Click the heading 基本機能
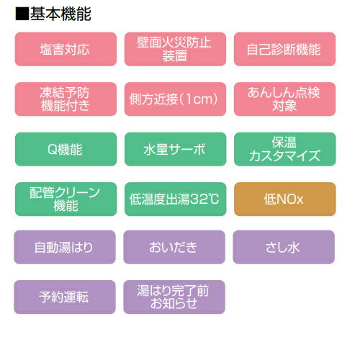click(60, 14)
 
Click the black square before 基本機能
click(22, 14)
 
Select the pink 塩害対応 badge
click(66, 49)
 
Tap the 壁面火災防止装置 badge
click(175, 49)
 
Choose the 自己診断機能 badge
click(284, 49)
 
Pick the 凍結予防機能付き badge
click(66, 99)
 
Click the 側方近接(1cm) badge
click(175, 99)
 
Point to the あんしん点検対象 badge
click(284, 99)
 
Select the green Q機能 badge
click(66, 149)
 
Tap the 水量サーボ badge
click(175, 149)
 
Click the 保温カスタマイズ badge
click(284, 149)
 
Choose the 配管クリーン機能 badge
click(66, 199)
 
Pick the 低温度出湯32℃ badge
click(175, 199)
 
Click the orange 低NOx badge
click(284, 199)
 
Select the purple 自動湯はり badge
click(65, 247)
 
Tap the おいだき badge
click(174, 247)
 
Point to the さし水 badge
click(284, 247)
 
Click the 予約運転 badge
click(65, 297)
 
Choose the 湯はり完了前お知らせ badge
click(174, 297)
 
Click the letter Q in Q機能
click(53, 150)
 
